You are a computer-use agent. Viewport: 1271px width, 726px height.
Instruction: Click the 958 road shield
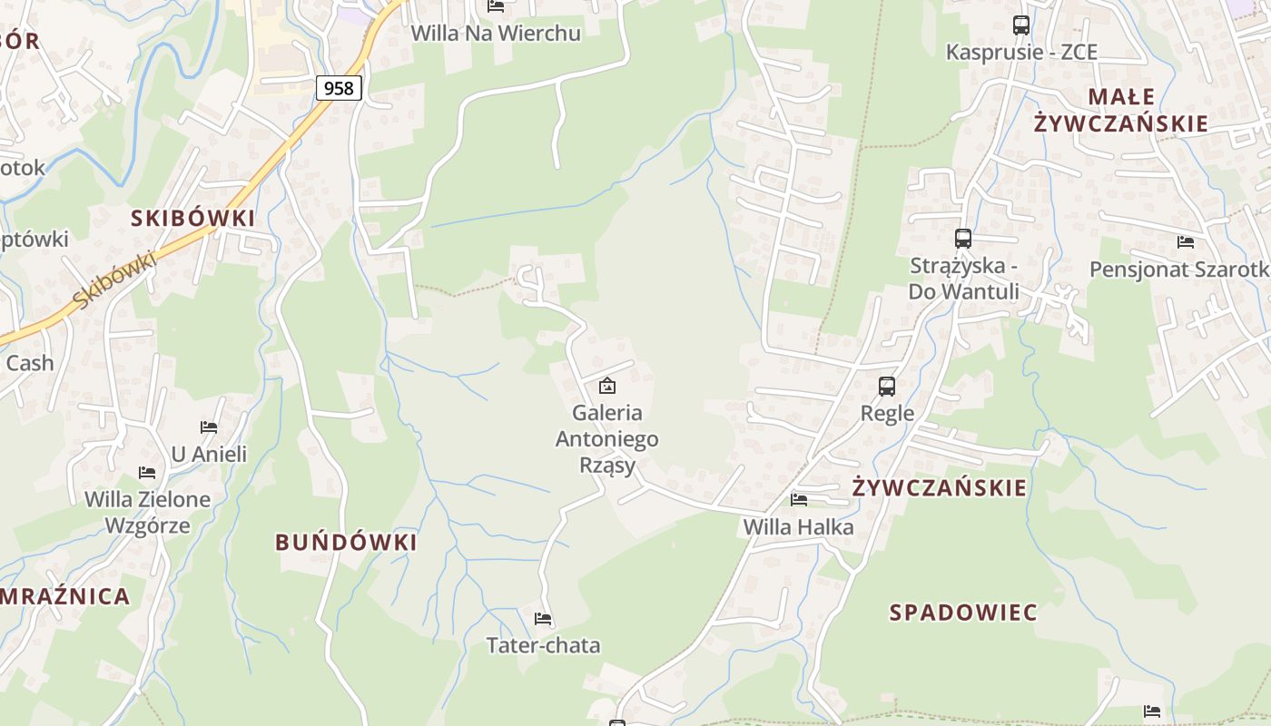340,88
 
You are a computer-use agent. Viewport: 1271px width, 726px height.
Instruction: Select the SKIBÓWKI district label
192,218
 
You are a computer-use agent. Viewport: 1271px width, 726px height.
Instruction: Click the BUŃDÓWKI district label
346,543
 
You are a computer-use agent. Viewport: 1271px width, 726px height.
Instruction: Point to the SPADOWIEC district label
962,613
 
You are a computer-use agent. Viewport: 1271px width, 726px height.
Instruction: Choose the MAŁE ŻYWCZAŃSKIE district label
1120,110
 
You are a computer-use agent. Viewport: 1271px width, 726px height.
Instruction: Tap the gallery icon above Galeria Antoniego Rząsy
607,387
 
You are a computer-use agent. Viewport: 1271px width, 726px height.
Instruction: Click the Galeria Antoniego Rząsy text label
606,439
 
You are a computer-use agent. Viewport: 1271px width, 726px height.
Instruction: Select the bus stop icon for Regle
887,387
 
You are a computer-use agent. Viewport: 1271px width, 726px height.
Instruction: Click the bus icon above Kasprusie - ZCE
1021,25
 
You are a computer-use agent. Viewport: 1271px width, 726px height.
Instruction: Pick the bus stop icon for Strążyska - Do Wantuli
963,239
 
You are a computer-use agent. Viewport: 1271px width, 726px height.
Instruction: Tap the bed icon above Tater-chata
543,619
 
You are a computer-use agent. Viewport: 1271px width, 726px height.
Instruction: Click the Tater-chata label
543,645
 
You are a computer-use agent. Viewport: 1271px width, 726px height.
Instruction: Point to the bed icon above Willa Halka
799,499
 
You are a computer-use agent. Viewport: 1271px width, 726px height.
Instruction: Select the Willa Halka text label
798,526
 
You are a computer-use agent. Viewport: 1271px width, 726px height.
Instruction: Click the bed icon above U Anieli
209,427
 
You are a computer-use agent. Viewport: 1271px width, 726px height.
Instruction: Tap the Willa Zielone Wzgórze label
147,512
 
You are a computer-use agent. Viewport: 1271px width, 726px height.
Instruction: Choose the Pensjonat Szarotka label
1179,270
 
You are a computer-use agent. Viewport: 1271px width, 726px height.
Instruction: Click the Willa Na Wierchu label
496,33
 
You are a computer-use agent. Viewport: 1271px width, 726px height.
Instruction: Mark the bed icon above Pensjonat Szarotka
1185,241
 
